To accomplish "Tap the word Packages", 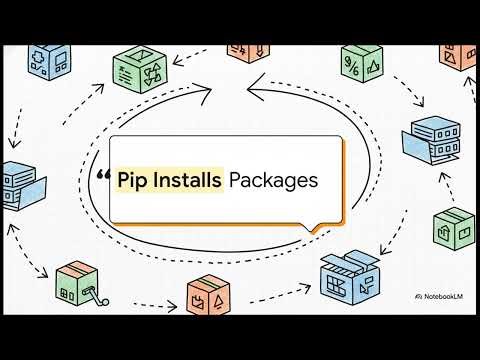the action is coord(273,180).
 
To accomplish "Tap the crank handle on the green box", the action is coord(98,293).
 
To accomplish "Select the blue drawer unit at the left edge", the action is coord(22,187).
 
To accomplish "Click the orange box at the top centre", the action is coord(246,49).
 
